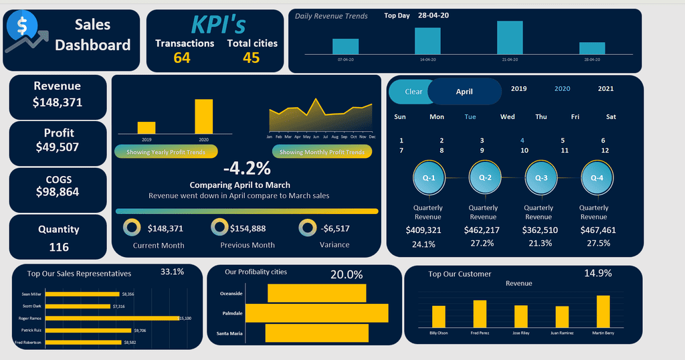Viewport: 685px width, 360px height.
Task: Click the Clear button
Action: coord(413,92)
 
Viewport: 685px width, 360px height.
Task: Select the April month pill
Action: coord(464,92)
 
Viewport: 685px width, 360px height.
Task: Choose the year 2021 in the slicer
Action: coord(605,88)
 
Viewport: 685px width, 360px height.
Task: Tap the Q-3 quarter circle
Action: coord(539,178)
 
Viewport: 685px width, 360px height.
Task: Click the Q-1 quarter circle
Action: coord(429,178)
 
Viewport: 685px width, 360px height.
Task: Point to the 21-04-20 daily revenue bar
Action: coord(510,37)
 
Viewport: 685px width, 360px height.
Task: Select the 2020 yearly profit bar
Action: coord(203,116)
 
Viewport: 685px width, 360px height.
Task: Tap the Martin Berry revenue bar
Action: coord(603,311)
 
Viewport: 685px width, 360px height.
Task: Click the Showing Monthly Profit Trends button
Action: coord(322,152)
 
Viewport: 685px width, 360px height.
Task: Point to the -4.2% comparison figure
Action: coord(247,168)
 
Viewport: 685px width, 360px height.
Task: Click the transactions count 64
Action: coord(182,58)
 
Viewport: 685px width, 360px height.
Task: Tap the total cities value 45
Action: coord(252,58)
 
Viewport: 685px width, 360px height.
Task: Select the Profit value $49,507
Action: coord(58,147)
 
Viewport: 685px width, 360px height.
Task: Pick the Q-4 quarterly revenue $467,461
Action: coord(593,230)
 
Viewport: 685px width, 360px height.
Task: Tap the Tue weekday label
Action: coord(470,116)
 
